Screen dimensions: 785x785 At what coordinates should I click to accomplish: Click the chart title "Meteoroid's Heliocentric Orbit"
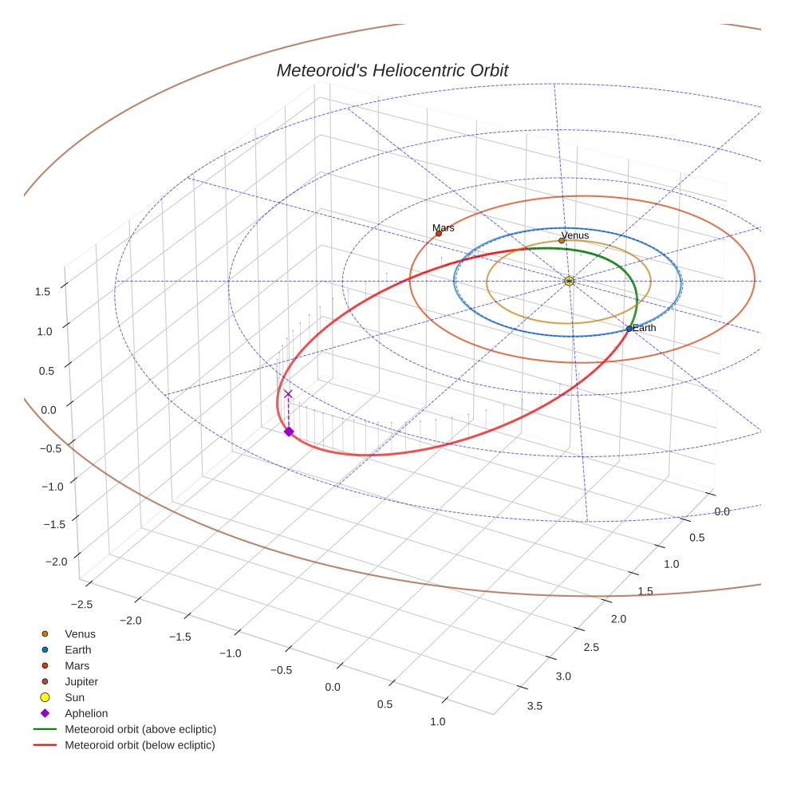tap(392, 71)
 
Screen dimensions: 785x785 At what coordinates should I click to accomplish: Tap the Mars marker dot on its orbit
tap(439, 234)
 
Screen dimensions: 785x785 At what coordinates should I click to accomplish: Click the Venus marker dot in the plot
tap(562, 240)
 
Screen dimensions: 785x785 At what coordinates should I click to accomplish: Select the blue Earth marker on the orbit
tap(629, 329)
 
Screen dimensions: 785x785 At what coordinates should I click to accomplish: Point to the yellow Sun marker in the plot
tap(569, 281)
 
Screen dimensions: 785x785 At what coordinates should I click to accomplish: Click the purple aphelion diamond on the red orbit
tap(289, 432)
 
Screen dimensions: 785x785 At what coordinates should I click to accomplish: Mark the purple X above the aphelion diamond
tap(288, 394)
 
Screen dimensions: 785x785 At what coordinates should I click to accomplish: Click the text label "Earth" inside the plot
tap(645, 328)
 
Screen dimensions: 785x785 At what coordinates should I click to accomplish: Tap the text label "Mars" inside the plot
tap(444, 228)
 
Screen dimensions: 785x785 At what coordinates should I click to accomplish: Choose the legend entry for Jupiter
tap(81, 681)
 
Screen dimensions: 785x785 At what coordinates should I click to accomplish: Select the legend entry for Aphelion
tap(86, 713)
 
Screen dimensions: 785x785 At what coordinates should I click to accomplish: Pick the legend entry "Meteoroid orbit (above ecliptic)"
tap(140, 729)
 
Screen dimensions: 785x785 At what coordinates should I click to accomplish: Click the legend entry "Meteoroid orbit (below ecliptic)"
tap(140, 745)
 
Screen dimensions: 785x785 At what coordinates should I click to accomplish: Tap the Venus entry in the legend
tap(80, 633)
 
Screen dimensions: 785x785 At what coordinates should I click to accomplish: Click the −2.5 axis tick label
tap(83, 604)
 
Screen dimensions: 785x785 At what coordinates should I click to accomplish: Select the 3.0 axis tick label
tap(563, 677)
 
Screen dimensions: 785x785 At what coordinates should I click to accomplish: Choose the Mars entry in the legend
tap(77, 665)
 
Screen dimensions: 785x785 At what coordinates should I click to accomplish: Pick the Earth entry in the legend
tap(78, 649)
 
